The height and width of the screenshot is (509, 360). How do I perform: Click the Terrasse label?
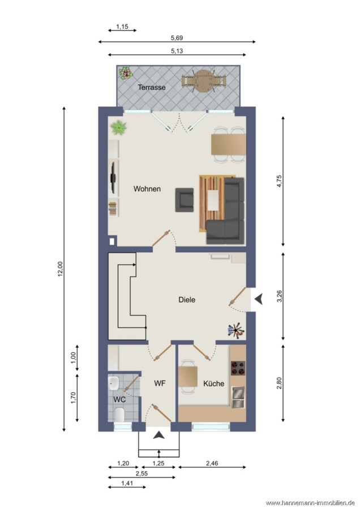pyautogui.click(x=151, y=87)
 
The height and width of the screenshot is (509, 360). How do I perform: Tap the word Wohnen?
pyautogui.click(x=147, y=189)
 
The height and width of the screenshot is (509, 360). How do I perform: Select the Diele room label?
pyautogui.click(x=187, y=300)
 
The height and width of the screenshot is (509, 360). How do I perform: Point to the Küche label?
pyautogui.click(x=213, y=383)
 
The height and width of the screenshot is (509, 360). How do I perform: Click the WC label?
pyautogui.click(x=119, y=400)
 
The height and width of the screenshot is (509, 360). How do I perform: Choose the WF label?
pyautogui.click(x=160, y=383)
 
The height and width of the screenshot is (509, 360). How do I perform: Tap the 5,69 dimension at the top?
pyautogui.click(x=177, y=38)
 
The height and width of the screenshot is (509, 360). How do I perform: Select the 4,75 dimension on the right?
pyautogui.click(x=280, y=181)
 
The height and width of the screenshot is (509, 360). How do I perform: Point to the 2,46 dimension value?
pyautogui.click(x=212, y=463)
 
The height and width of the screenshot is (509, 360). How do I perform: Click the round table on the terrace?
pyautogui.click(x=203, y=81)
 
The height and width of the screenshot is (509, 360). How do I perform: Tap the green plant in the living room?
pyautogui.click(x=118, y=127)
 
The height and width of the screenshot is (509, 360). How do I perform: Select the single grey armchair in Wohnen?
pyautogui.click(x=184, y=200)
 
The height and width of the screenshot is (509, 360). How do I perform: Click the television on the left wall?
pyautogui.click(x=113, y=177)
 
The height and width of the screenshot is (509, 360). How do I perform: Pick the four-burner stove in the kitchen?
pyautogui.click(x=238, y=368)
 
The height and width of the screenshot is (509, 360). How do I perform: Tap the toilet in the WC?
pyautogui.click(x=119, y=415)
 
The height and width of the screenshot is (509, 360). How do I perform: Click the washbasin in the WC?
pyautogui.click(x=114, y=383)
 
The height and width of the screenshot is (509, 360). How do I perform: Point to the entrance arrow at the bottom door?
pyautogui.click(x=158, y=435)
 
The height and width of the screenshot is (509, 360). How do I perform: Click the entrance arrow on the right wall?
pyautogui.click(x=259, y=299)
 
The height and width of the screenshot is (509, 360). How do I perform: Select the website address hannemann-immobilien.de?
pyautogui.click(x=310, y=503)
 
